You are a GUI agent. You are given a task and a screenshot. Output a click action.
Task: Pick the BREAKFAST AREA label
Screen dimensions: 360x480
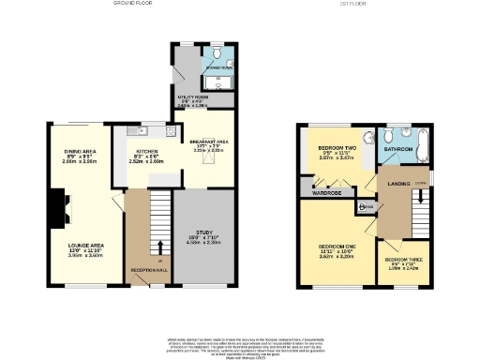click(x=209, y=142)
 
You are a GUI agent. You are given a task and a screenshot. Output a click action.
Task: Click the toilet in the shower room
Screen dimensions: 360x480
click(x=217, y=53)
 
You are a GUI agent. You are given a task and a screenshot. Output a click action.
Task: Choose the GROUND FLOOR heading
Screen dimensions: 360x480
click(x=133, y=4)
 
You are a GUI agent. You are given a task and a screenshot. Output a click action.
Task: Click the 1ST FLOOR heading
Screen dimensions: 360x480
click(x=351, y=4)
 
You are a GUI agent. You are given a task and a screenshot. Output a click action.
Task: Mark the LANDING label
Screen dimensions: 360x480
click(x=398, y=184)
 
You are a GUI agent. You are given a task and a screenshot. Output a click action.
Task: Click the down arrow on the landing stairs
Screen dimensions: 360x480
click(x=422, y=199)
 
